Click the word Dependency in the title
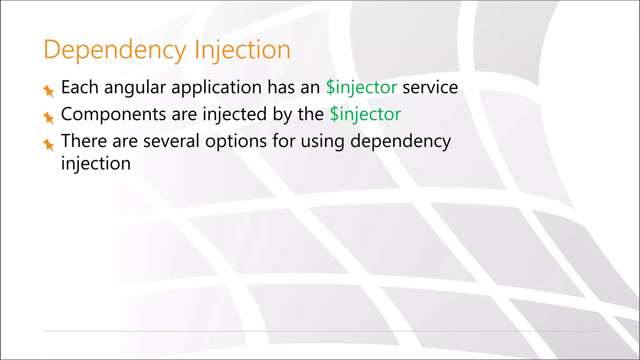point(115,50)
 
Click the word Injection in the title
point(242,50)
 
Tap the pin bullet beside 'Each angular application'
point(48,91)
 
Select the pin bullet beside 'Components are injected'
point(48,118)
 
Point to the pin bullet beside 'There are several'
point(48,145)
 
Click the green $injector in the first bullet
point(362,87)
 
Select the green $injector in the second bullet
point(365,114)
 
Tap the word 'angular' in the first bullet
point(135,87)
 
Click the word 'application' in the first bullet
point(216,87)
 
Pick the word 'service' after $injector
point(430,87)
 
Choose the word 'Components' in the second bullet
point(113,114)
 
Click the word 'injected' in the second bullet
point(235,114)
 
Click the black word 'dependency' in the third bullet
point(401,142)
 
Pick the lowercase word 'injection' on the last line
point(96,164)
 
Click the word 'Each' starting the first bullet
point(80,87)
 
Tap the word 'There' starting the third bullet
point(84,141)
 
